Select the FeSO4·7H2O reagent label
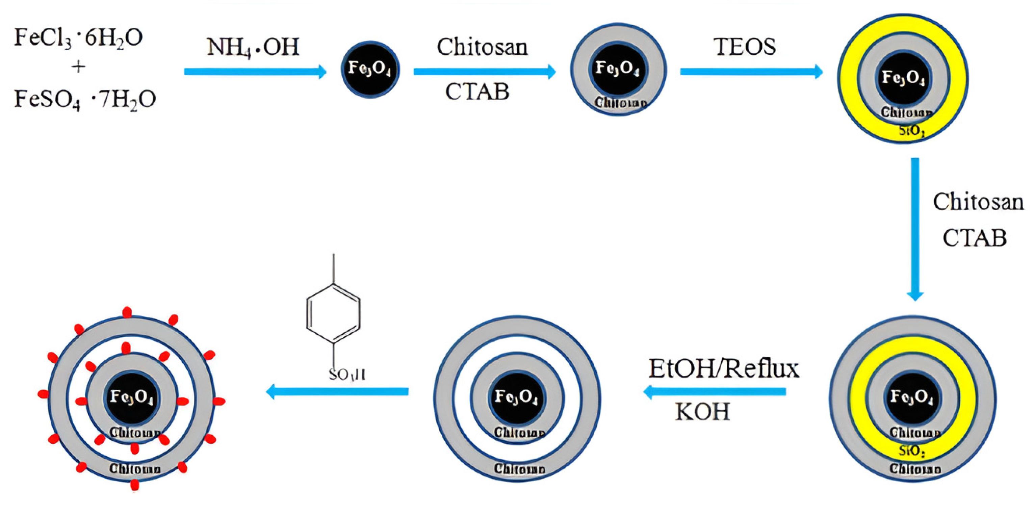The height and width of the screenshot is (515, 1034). [85, 100]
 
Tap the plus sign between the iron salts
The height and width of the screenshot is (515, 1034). [78, 67]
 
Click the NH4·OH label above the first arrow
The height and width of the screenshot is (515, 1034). [253, 47]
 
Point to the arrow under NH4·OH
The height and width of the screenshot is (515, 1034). [255, 72]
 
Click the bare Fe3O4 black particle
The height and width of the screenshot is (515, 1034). [370, 69]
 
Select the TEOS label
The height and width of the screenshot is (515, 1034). [745, 47]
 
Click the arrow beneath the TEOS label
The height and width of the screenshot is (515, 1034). [751, 72]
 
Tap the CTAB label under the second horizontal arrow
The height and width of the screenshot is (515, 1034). [477, 92]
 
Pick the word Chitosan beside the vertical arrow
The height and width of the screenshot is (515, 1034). [978, 202]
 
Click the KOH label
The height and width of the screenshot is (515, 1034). [702, 411]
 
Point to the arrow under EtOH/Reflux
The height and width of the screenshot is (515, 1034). [715, 391]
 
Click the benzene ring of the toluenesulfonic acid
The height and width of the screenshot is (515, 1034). [333, 313]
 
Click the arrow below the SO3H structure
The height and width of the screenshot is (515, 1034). [337, 391]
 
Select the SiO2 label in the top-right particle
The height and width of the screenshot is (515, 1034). [912, 130]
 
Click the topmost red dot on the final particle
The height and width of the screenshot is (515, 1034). [127, 312]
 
